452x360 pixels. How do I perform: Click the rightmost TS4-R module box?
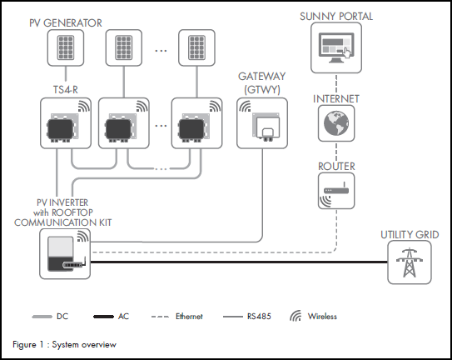197,123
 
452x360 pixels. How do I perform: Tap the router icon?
336,195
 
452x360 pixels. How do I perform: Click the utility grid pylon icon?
409,262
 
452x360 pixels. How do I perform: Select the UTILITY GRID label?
409,235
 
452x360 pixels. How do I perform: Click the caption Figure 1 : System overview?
64,344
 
